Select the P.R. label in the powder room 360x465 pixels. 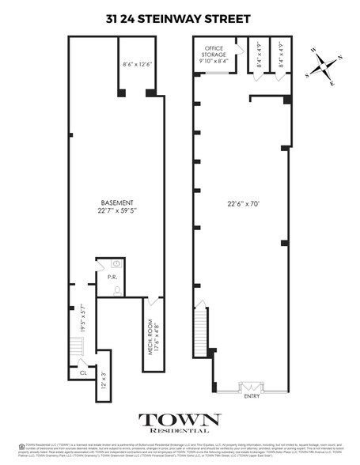101,278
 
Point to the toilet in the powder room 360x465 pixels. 116,289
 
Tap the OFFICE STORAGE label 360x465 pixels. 213,52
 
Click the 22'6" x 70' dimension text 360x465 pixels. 243,202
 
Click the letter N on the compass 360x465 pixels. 339,59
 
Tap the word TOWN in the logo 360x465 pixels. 180,420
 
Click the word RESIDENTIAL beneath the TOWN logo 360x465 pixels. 180,433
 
